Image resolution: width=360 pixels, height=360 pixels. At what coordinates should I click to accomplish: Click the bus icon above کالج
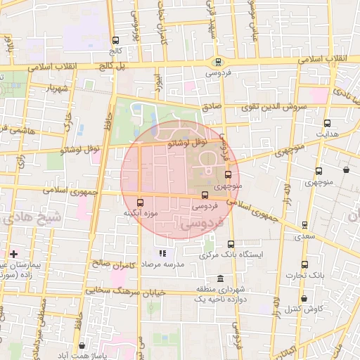[x=115, y=40]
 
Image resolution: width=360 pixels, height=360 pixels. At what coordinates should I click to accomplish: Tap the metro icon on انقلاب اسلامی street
[x=219, y=62]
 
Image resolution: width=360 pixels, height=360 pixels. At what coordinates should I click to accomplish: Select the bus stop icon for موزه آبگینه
[x=139, y=202]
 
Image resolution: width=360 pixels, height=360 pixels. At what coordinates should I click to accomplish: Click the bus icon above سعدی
[x=304, y=225]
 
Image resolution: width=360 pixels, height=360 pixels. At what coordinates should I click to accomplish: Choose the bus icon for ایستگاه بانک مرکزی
[x=231, y=244]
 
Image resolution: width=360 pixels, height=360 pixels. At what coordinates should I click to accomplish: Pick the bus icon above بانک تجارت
[x=304, y=264]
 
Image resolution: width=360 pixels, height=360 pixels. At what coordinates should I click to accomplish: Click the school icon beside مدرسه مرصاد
[x=162, y=253]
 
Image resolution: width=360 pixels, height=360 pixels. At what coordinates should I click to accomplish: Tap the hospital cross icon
[x=13, y=253]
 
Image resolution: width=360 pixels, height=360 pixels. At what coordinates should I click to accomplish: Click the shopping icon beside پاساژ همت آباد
[x=83, y=346]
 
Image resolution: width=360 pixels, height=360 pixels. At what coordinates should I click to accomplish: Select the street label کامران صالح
[x=114, y=264]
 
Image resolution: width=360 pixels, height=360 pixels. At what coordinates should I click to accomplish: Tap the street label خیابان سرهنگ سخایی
[x=125, y=290]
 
